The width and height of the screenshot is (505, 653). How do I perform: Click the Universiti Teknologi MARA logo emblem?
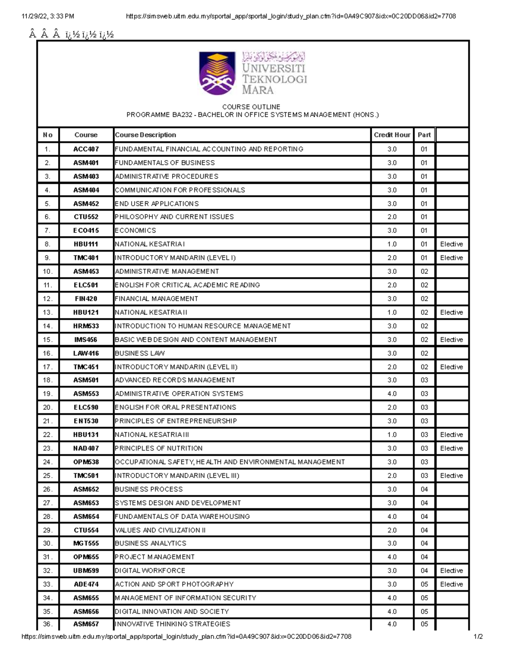pos(217,73)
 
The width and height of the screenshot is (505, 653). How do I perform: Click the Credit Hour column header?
pos(392,135)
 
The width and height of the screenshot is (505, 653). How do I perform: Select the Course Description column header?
pos(145,135)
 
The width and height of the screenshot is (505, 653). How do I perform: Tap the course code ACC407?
pos(86,149)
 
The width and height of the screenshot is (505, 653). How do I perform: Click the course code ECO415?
pos(86,231)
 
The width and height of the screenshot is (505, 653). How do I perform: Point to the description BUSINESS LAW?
pos(140,354)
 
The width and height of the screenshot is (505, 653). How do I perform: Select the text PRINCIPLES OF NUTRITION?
pos(159,449)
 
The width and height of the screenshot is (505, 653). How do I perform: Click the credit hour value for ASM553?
pos(392,394)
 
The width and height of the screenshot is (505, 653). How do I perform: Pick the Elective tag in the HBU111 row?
pos(451,244)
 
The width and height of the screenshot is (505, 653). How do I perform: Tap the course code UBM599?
pos(86,571)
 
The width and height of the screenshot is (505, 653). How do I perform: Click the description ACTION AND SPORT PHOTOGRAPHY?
pos(174,584)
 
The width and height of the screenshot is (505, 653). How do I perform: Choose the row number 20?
pos(48,407)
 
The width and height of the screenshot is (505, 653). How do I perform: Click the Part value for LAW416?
pos(424,354)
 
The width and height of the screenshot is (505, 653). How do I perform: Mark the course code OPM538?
pos(86,462)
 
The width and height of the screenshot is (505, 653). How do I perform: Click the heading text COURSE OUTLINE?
pos(251,107)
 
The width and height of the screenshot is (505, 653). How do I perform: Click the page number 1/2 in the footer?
pos(478,637)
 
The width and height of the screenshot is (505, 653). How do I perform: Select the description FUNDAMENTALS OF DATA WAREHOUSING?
pos(182,517)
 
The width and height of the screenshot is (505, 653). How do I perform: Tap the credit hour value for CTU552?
pos(392,217)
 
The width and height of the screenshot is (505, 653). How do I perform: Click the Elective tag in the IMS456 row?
pos(451,340)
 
